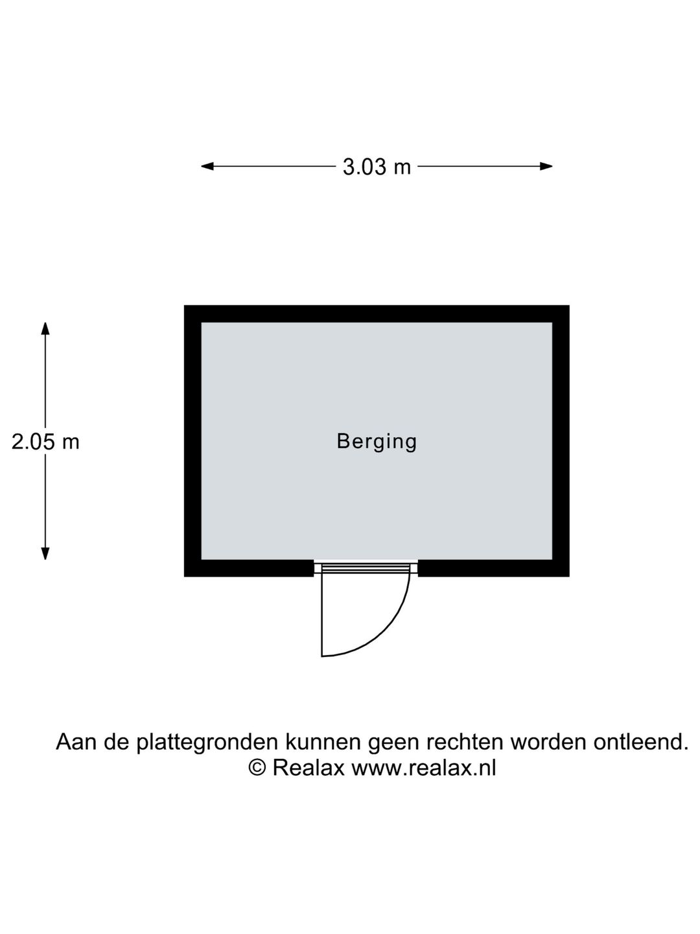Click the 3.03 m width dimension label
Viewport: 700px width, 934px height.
(377, 167)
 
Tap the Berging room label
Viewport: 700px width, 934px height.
(377, 442)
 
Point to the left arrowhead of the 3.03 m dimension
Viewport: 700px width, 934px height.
(207, 166)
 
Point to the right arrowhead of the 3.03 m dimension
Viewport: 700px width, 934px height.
(546, 166)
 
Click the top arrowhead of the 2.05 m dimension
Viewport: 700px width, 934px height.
(45, 328)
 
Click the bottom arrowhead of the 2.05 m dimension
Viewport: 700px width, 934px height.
(45, 553)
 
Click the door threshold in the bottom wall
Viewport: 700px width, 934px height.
(366, 568)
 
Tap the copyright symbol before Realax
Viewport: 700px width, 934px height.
(257, 767)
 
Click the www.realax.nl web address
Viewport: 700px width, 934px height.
(423, 768)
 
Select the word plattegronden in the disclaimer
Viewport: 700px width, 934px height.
(207, 743)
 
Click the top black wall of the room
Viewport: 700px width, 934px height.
(377, 313)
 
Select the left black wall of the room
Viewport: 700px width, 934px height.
(192, 441)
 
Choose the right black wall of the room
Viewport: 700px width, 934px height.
(561, 441)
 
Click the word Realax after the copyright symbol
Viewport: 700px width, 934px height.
(308, 768)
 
